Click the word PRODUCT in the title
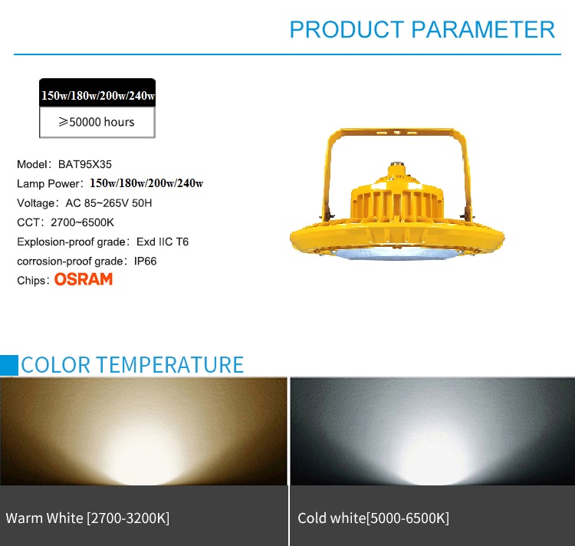coord(347,29)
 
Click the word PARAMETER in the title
coord(483,29)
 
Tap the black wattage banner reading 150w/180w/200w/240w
coord(97,93)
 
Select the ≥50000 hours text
coord(97,122)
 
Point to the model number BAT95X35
coord(84,164)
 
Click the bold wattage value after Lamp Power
coord(146,183)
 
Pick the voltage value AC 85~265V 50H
coord(109,202)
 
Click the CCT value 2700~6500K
coord(83,222)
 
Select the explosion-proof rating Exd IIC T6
coord(163,242)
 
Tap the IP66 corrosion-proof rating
coord(145,261)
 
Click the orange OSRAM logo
coord(84,279)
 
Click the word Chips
coord(31,281)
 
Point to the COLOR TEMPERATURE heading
coord(133,364)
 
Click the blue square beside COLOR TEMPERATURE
coord(8,365)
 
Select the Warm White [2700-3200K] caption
coord(87,518)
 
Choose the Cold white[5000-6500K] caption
coord(373,518)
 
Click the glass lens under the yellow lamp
coord(396,253)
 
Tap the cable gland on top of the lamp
coord(396,166)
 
